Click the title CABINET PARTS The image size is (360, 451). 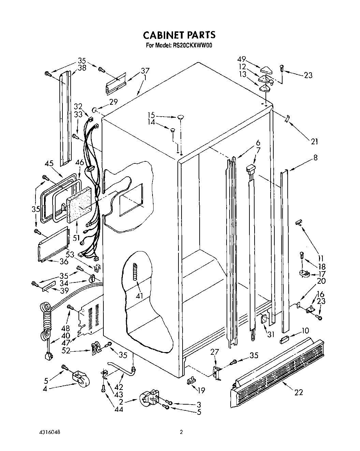point(179,35)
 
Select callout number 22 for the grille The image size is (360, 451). point(299,392)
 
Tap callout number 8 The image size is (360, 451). point(315,157)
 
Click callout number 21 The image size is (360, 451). point(314,141)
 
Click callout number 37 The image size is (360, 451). point(145,71)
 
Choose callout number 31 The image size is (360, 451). point(271,335)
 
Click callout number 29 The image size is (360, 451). point(113,101)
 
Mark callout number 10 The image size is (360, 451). point(305,330)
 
